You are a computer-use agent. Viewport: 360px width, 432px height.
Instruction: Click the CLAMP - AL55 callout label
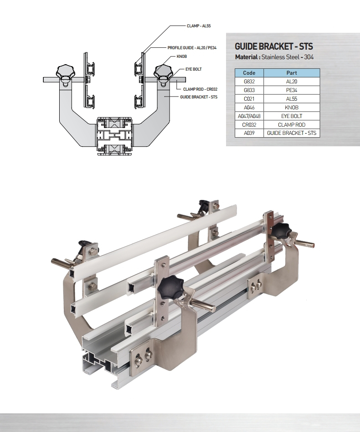pos(199,26)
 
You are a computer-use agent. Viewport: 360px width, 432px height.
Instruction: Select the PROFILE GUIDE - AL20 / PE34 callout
pos(192,48)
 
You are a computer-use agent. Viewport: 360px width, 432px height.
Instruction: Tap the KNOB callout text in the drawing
pos(182,57)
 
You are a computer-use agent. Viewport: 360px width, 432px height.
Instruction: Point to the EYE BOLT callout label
pos(194,69)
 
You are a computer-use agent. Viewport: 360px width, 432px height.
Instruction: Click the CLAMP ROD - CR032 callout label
pos(200,89)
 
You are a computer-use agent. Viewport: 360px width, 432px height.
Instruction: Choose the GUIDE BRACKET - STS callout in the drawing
pos(199,97)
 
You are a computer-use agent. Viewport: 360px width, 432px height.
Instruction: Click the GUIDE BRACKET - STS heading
pos(274,46)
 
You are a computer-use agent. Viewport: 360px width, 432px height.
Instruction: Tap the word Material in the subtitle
pos(246,57)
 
